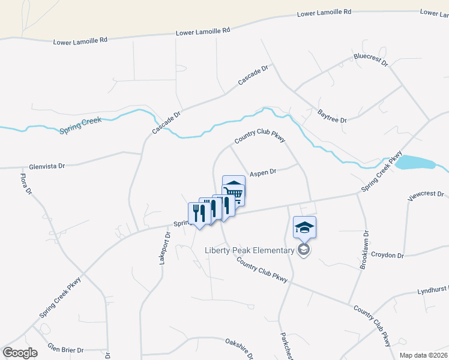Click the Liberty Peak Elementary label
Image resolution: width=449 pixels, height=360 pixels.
click(249, 250)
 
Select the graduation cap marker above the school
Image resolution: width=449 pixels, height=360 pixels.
click(304, 228)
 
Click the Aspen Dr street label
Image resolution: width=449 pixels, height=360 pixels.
click(263, 172)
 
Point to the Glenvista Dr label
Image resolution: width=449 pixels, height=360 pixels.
click(46, 166)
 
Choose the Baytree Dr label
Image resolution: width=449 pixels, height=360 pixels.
click(333, 116)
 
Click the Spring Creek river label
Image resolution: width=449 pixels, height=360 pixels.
click(81, 124)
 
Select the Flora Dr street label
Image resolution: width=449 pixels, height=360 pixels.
click(25, 184)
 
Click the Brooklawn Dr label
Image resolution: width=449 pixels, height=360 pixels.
click(364, 251)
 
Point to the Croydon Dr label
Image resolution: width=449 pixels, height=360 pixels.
click(388, 255)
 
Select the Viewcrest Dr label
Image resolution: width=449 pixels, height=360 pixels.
click(425, 195)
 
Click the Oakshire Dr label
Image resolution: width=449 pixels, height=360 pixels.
click(240, 347)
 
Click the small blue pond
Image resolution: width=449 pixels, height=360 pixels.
click(414, 162)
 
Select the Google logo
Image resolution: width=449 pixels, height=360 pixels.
click(20, 353)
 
